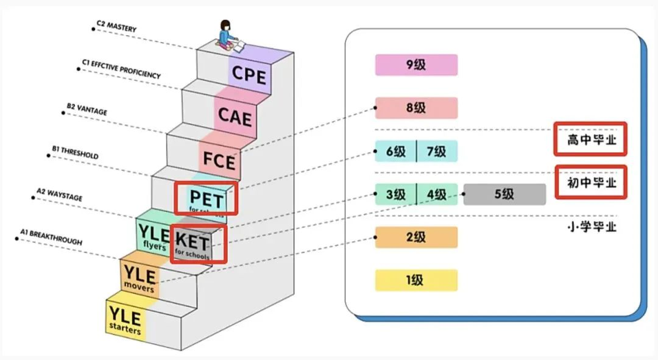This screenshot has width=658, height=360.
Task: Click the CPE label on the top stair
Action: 249,75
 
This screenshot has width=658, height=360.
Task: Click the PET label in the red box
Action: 206,197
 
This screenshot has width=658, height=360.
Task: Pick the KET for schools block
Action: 193,244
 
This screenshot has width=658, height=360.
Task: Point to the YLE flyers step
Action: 152,234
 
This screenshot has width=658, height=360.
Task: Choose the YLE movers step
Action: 140,277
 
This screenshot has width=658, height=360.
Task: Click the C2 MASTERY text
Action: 117,27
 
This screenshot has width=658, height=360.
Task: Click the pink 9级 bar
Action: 416,65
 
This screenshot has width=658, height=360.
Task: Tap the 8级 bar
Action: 416,108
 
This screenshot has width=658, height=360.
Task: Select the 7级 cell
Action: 436,151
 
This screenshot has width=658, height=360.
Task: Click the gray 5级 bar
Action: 504,194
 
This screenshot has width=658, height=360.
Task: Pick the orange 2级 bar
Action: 416,238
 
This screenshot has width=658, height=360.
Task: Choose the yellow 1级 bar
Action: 416,280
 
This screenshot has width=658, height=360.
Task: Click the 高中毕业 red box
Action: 589,140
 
